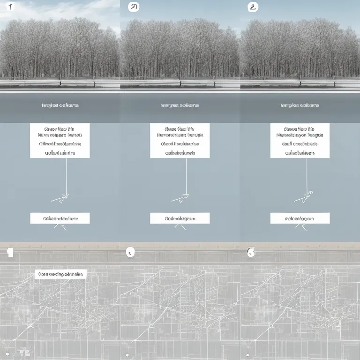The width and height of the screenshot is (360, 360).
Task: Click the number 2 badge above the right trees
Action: [x=253, y=7]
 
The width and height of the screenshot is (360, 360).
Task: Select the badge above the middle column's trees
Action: [x=133, y=7]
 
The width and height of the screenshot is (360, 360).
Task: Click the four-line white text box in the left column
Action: [x=60, y=141]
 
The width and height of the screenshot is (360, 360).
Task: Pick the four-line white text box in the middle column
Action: [x=180, y=141]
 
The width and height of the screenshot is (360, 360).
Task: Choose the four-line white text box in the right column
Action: [x=300, y=141]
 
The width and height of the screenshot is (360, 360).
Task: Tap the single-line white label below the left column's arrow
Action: [x=60, y=218]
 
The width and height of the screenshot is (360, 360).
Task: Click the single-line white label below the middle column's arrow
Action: [x=180, y=218]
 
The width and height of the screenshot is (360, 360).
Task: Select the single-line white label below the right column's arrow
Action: [x=300, y=218]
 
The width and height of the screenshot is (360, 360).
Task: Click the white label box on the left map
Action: [x=60, y=274]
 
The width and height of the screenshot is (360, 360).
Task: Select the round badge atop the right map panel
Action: [x=251, y=253]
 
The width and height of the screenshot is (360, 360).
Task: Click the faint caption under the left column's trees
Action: [x=60, y=105]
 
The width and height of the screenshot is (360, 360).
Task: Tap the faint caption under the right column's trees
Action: [x=300, y=105]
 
